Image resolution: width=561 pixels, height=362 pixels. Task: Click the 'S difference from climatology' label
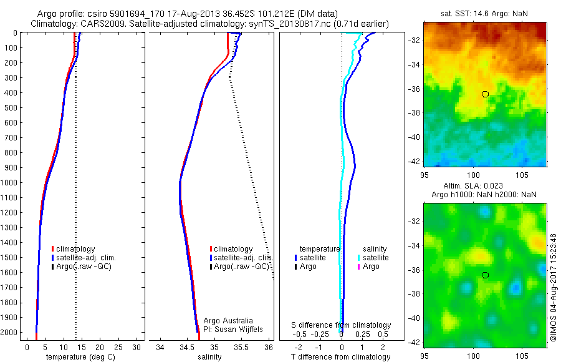click(x=342, y=325)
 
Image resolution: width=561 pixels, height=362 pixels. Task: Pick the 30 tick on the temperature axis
click(x=137, y=347)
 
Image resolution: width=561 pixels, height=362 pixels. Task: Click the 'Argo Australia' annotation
click(x=229, y=321)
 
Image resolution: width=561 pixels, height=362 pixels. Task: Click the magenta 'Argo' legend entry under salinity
click(x=371, y=267)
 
